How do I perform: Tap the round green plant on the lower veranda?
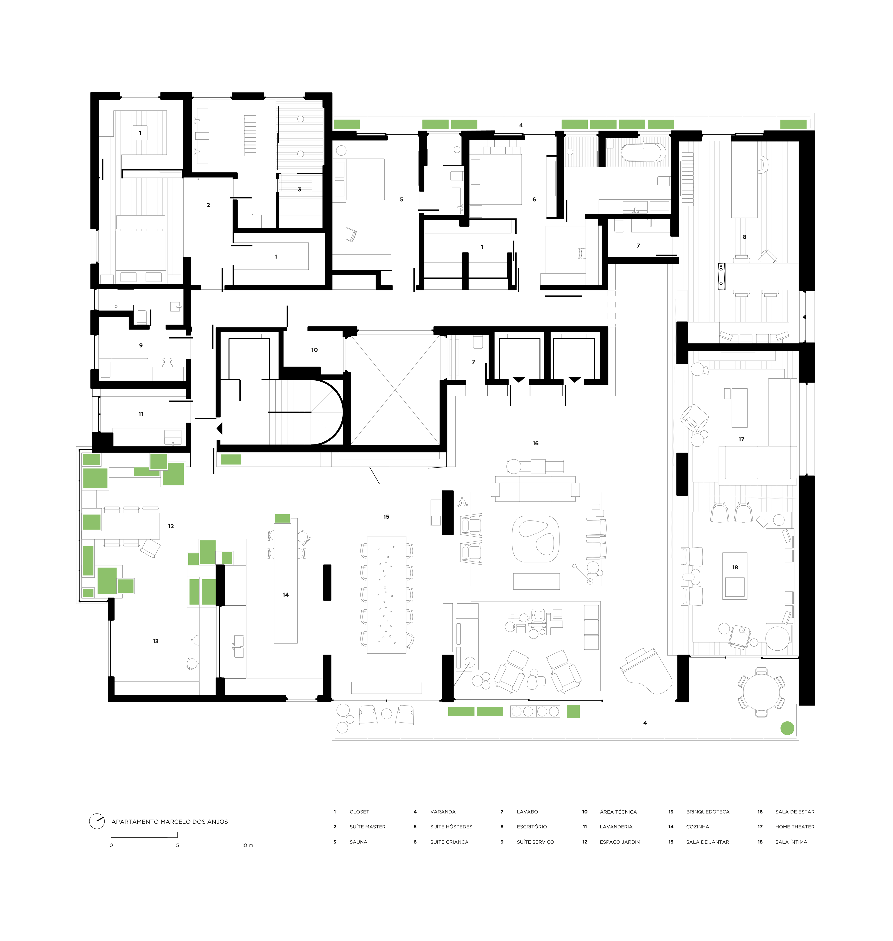click(787, 728)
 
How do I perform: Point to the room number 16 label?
click(536, 443)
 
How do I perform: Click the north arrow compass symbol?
click(97, 821)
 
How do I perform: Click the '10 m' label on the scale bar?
click(247, 845)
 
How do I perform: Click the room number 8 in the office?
click(744, 237)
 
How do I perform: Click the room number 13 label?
click(156, 642)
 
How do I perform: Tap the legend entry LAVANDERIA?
click(616, 827)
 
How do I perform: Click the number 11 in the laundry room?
click(141, 414)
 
